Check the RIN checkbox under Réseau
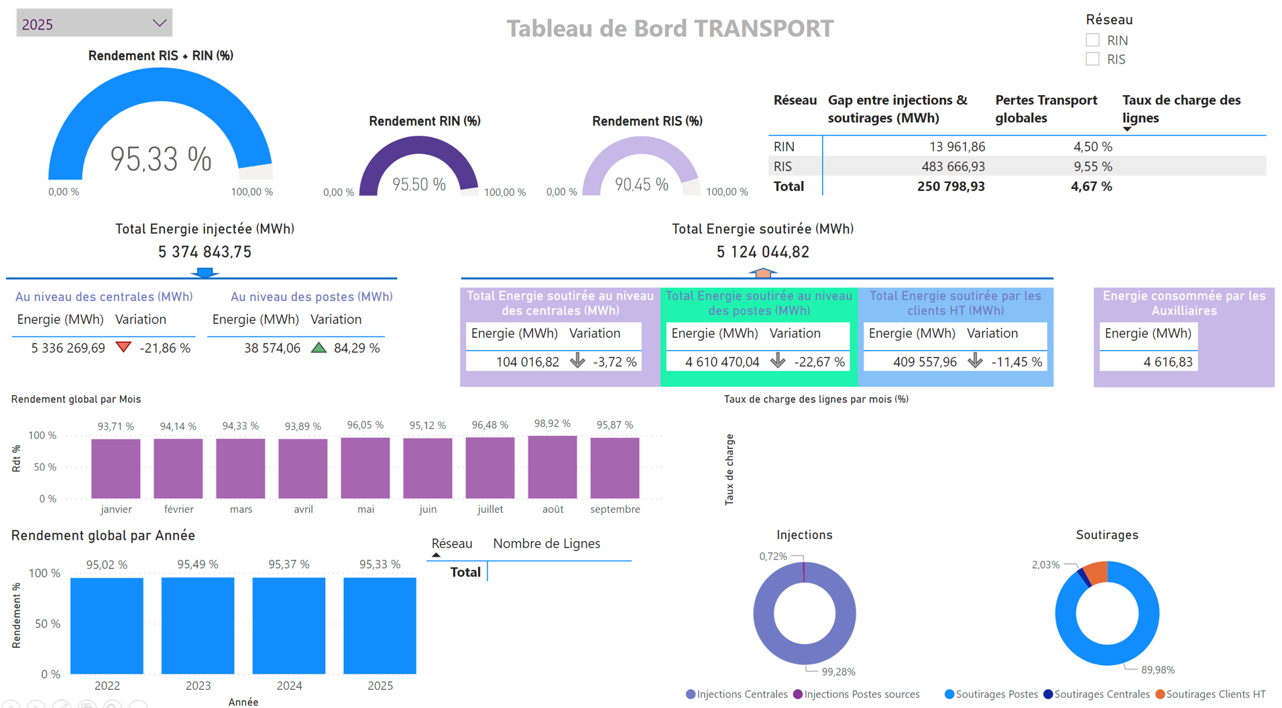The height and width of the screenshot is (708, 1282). pyautogui.click(x=1092, y=40)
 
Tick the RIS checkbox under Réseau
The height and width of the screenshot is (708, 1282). pyautogui.click(x=1092, y=59)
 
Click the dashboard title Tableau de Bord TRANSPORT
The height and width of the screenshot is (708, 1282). pyautogui.click(x=669, y=28)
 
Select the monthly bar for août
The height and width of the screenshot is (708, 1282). pyautogui.click(x=552, y=467)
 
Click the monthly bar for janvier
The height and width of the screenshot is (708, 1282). pyautogui.click(x=116, y=468)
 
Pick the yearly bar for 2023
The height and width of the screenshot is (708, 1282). pyautogui.click(x=198, y=625)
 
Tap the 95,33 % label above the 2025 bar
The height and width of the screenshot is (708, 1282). pyautogui.click(x=380, y=565)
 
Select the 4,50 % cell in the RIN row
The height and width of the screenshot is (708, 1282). pyautogui.click(x=1092, y=147)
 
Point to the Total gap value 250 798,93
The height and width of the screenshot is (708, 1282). pyautogui.click(x=950, y=186)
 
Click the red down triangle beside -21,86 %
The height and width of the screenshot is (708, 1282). pyautogui.click(x=123, y=347)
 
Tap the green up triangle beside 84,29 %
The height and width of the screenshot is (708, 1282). pyautogui.click(x=318, y=347)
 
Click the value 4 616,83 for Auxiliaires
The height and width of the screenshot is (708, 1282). pyautogui.click(x=1167, y=362)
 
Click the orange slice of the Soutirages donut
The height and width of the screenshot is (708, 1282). pyautogui.click(x=1096, y=572)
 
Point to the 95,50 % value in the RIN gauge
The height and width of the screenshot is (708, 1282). pyautogui.click(x=418, y=184)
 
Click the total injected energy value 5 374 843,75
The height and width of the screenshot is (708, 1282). pyautogui.click(x=205, y=252)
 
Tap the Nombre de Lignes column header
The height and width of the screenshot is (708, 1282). pyautogui.click(x=546, y=544)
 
